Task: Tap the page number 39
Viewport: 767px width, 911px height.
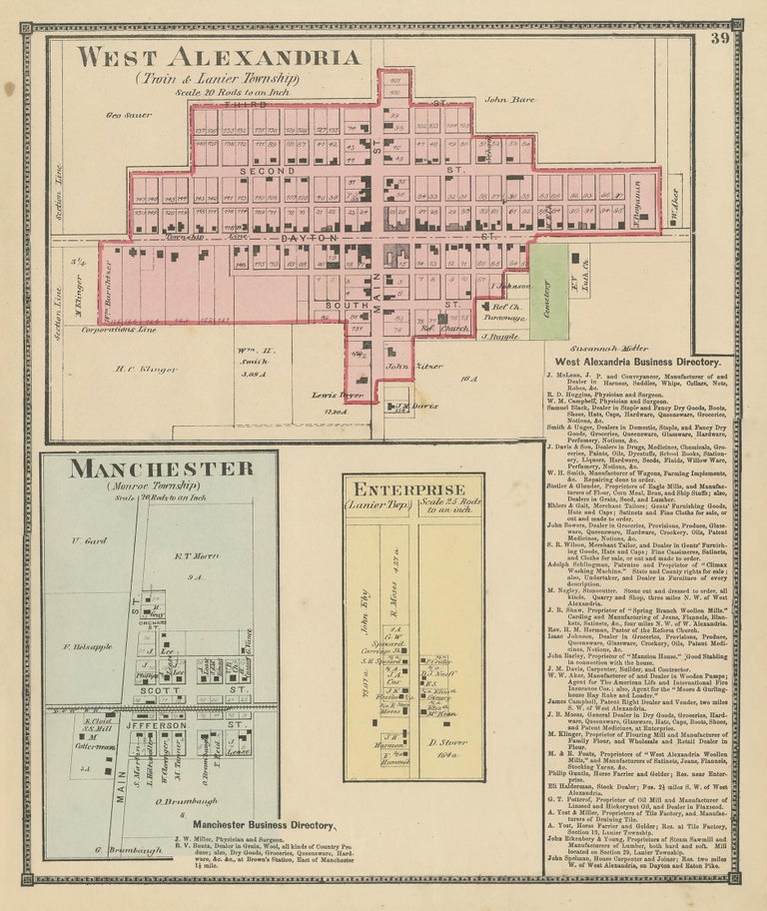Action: [719, 38]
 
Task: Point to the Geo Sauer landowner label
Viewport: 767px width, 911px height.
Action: [130, 115]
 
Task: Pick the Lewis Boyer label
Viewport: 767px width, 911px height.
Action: [337, 396]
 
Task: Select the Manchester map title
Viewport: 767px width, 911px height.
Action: [160, 468]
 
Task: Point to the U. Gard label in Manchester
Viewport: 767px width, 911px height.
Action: [89, 540]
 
